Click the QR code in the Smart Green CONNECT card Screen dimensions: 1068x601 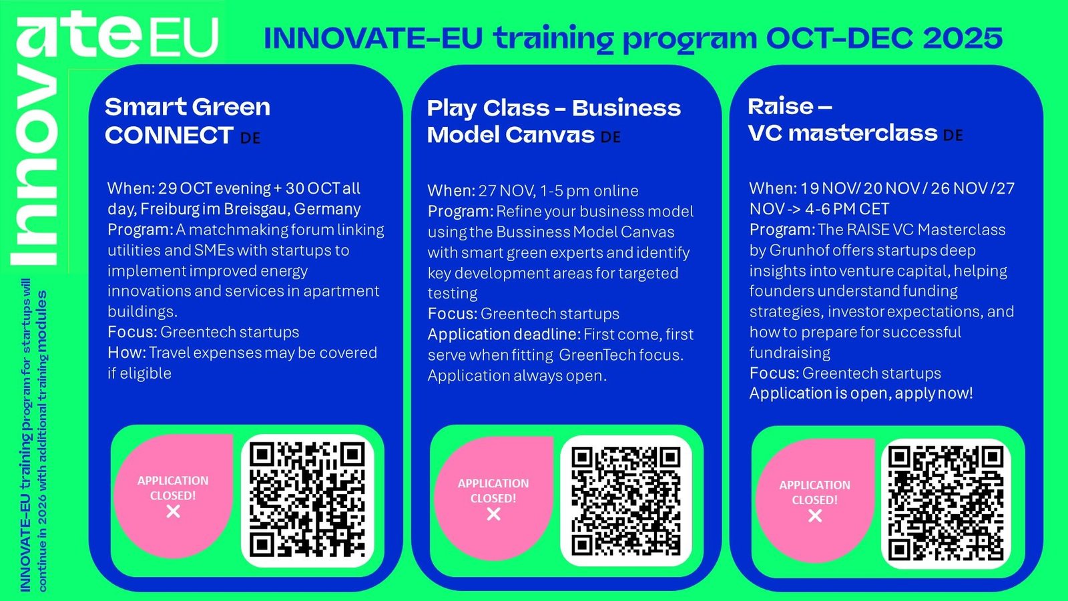pos(308,500)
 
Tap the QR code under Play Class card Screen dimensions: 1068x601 pos(626,501)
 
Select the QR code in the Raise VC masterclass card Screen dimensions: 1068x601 pos(946,504)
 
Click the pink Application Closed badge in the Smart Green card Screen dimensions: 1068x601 pos(173,496)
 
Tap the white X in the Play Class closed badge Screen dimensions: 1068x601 pos(493,514)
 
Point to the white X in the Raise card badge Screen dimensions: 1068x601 pos(815,516)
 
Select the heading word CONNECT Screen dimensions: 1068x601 pos(170,136)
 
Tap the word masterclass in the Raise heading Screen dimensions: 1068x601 pos(863,133)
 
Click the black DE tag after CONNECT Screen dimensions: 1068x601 pos(250,138)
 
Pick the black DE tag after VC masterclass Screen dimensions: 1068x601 pos(953,136)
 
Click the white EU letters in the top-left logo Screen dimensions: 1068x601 pos(184,37)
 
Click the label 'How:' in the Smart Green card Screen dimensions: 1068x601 pos(127,353)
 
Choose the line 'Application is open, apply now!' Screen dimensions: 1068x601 pos(861,394)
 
